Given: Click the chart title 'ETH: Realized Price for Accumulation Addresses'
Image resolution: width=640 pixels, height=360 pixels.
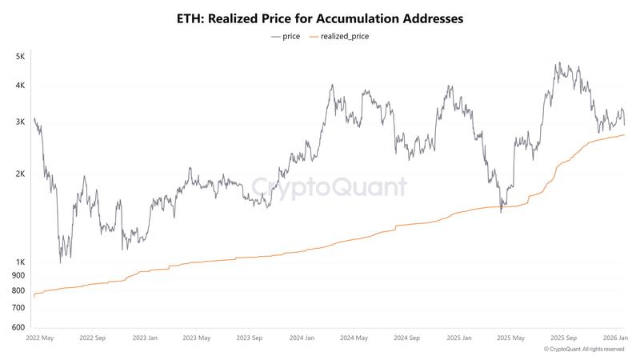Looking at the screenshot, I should tap(320, 18).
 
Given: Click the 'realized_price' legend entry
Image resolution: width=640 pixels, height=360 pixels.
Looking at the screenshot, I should tap(345, 36).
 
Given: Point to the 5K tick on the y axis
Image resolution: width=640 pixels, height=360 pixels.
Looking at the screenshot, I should tap(20, 57).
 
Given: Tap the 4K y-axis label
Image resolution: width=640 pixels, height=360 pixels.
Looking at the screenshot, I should tap(20, 86).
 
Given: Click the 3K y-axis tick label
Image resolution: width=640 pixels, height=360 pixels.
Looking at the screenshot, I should tap(20, 122).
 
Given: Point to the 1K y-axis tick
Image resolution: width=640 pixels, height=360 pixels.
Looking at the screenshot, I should tap(20, 262).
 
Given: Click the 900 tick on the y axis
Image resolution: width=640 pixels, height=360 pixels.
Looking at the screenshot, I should tap(18, 276).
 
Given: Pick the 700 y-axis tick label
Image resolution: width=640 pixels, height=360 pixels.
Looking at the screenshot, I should tap(18, 308).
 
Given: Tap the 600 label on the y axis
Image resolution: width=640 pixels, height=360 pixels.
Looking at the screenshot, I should tap(18, 328).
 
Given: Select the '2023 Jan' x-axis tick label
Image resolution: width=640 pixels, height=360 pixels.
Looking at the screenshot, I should tap(145, 338).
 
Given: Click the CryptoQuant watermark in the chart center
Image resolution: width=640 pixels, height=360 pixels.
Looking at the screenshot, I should tap(330, 188).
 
